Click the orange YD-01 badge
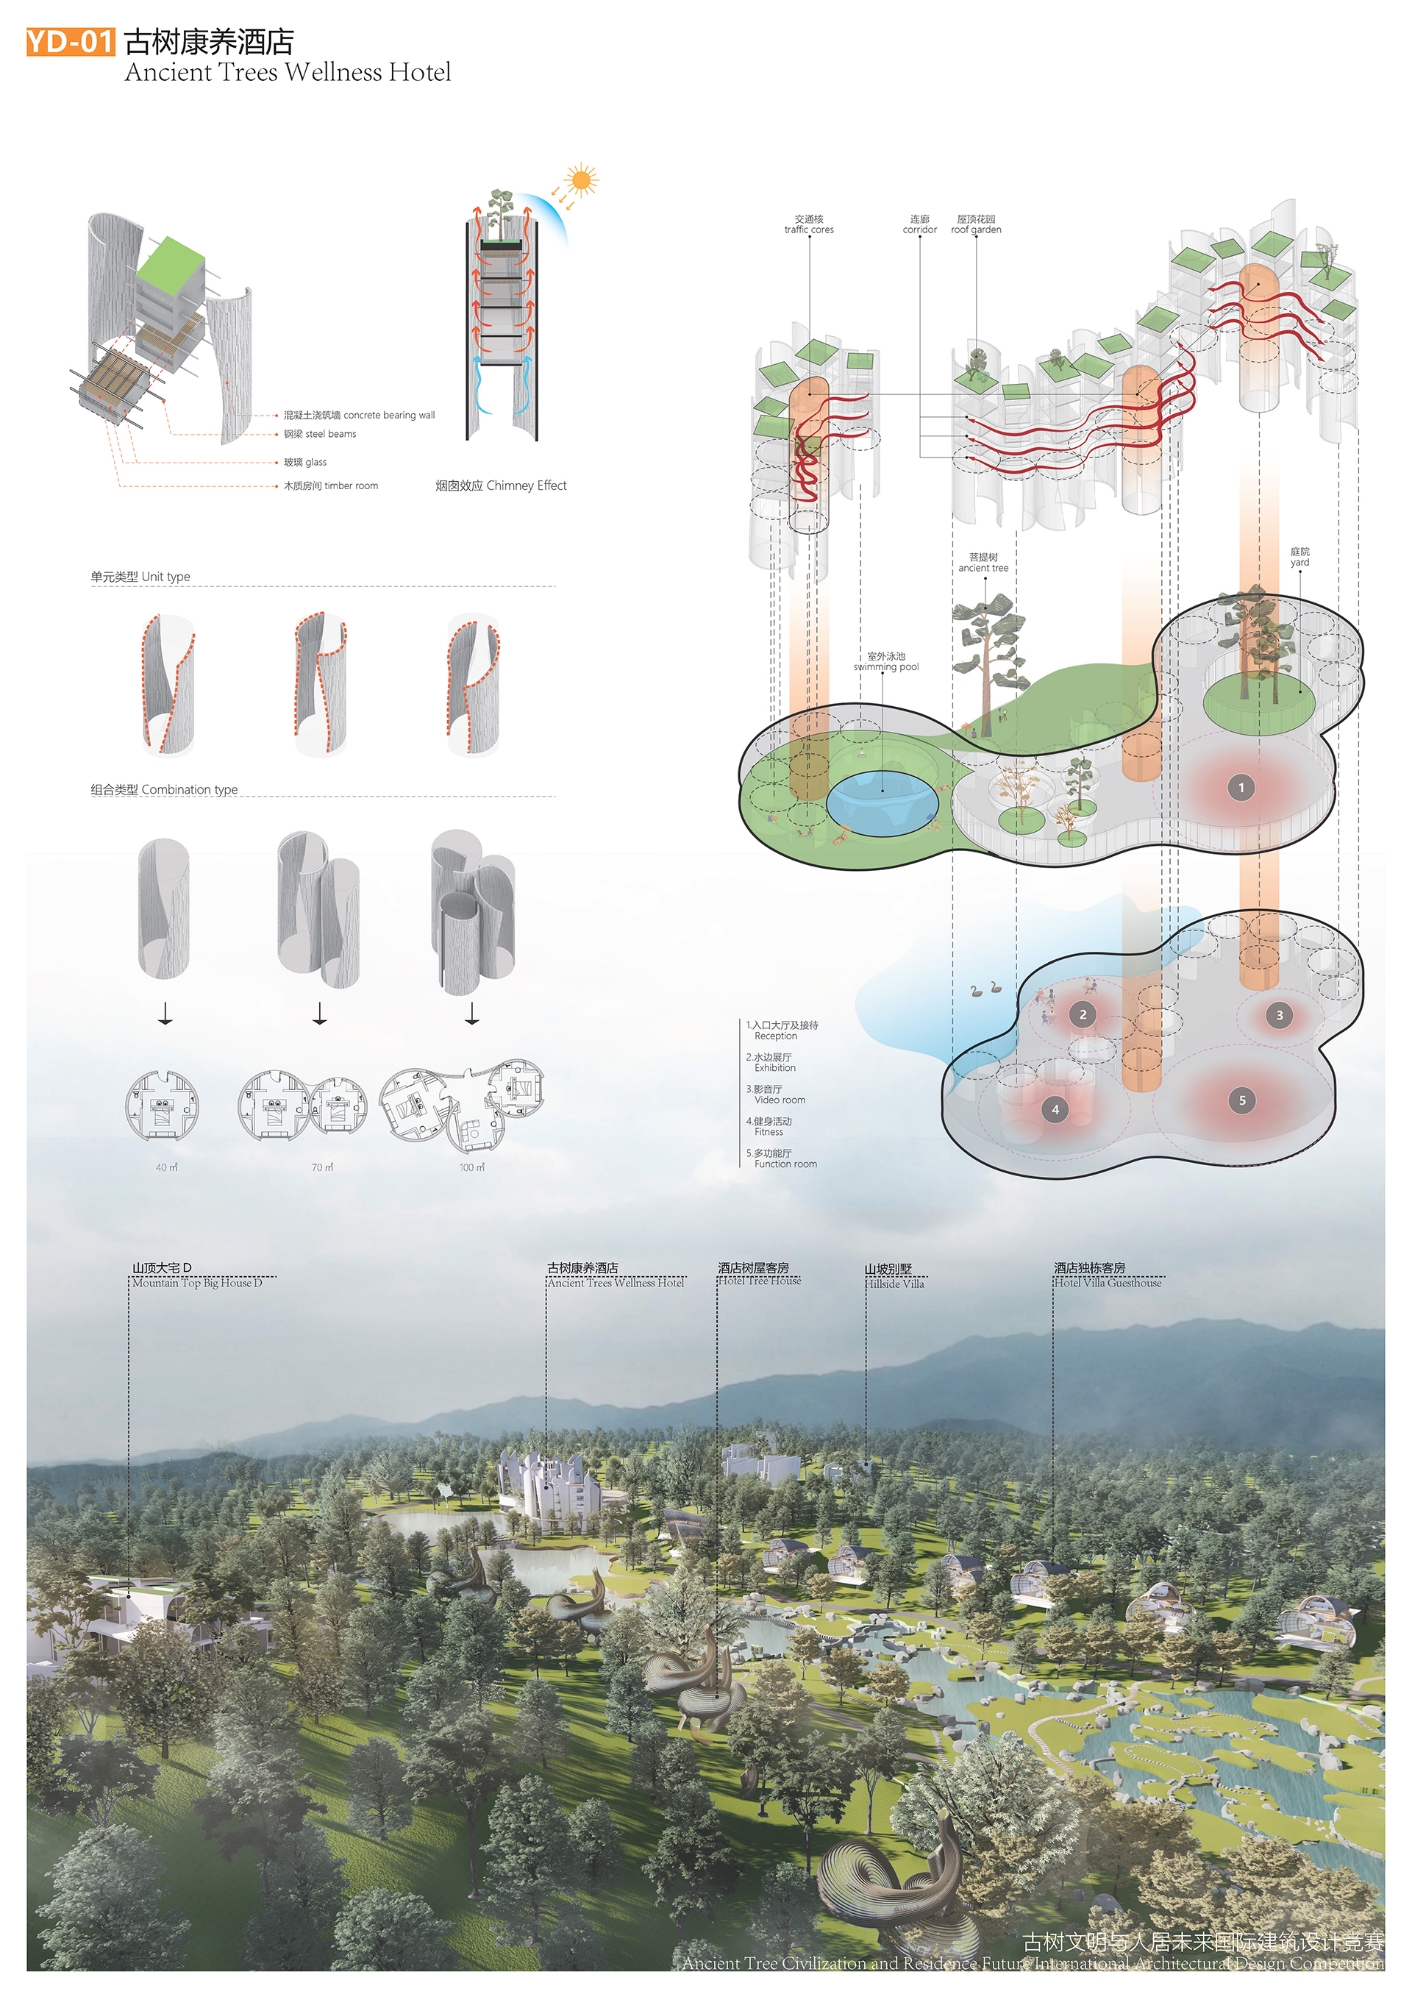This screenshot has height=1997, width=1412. pyautogui.click(x=70, y=41)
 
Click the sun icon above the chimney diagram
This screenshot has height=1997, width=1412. pyautogui.click(x=580, y=182)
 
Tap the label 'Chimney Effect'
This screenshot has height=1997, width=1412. pyautogui.click(x=501, y=485)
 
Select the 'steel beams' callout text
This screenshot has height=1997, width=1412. pyautogui.click(x=320, y=434)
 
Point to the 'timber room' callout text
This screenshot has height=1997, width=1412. pyautogui.click(x=330, y=486)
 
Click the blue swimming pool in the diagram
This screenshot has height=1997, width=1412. pyautogui.click(x=881, y=800)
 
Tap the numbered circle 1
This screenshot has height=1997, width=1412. pyautogui.click(x=1241, y=788)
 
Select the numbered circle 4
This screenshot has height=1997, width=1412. pyautogui.click(x=1055, y=1110)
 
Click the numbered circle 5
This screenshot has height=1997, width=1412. pyautogui.click(x=1241, y=1100)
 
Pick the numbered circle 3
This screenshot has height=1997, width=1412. pyautogui.click(x=1278, y=1015)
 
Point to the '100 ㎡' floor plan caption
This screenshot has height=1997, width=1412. pyautogui.click(x=472, y=1167)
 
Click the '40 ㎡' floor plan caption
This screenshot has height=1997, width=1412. pyautogui.click(x=166, y=1167)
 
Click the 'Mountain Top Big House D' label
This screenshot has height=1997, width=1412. pyautogui.click(x=196, y=1283)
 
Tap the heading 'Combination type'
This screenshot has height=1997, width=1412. pyautogui.click(x=164, y=790)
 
